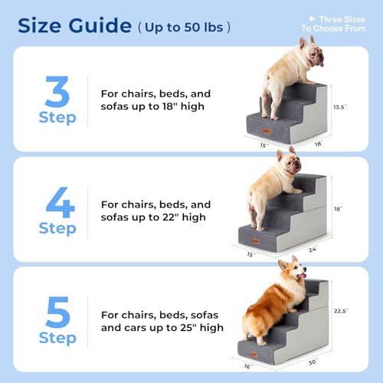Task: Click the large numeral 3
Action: (57, 92)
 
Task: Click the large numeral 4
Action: (58, 202)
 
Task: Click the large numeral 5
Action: (57, 312)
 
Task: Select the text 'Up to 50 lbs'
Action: (184, 28)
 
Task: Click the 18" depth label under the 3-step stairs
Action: (318, 143)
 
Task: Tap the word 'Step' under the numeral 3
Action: (57, 118)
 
